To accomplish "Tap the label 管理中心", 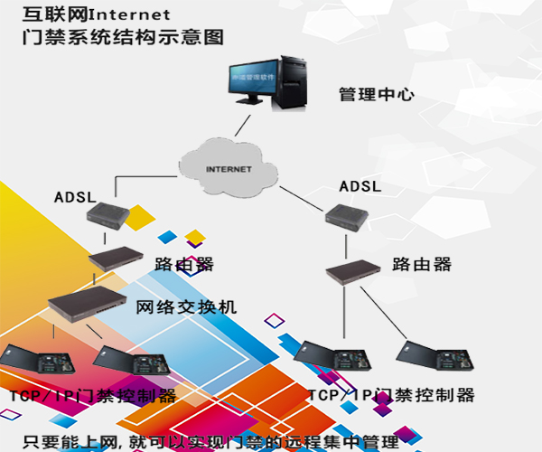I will (x=377, y=94).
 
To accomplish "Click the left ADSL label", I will (x=75, y=197).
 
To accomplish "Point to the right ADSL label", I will (x=360, y=186).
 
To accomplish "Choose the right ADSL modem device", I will (x=347, y=216).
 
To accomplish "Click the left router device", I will (x=116, y=257).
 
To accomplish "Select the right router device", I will (x=352, y=269).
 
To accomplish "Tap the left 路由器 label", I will (x=184, y=264).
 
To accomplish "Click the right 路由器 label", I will (x=422, y=265).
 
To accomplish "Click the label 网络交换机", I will (x=187, y=307).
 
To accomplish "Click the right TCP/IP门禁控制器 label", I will (x=390, y=396).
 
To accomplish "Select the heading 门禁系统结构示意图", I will (x=125, y=38).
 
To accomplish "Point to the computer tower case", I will (x=294, y=78).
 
